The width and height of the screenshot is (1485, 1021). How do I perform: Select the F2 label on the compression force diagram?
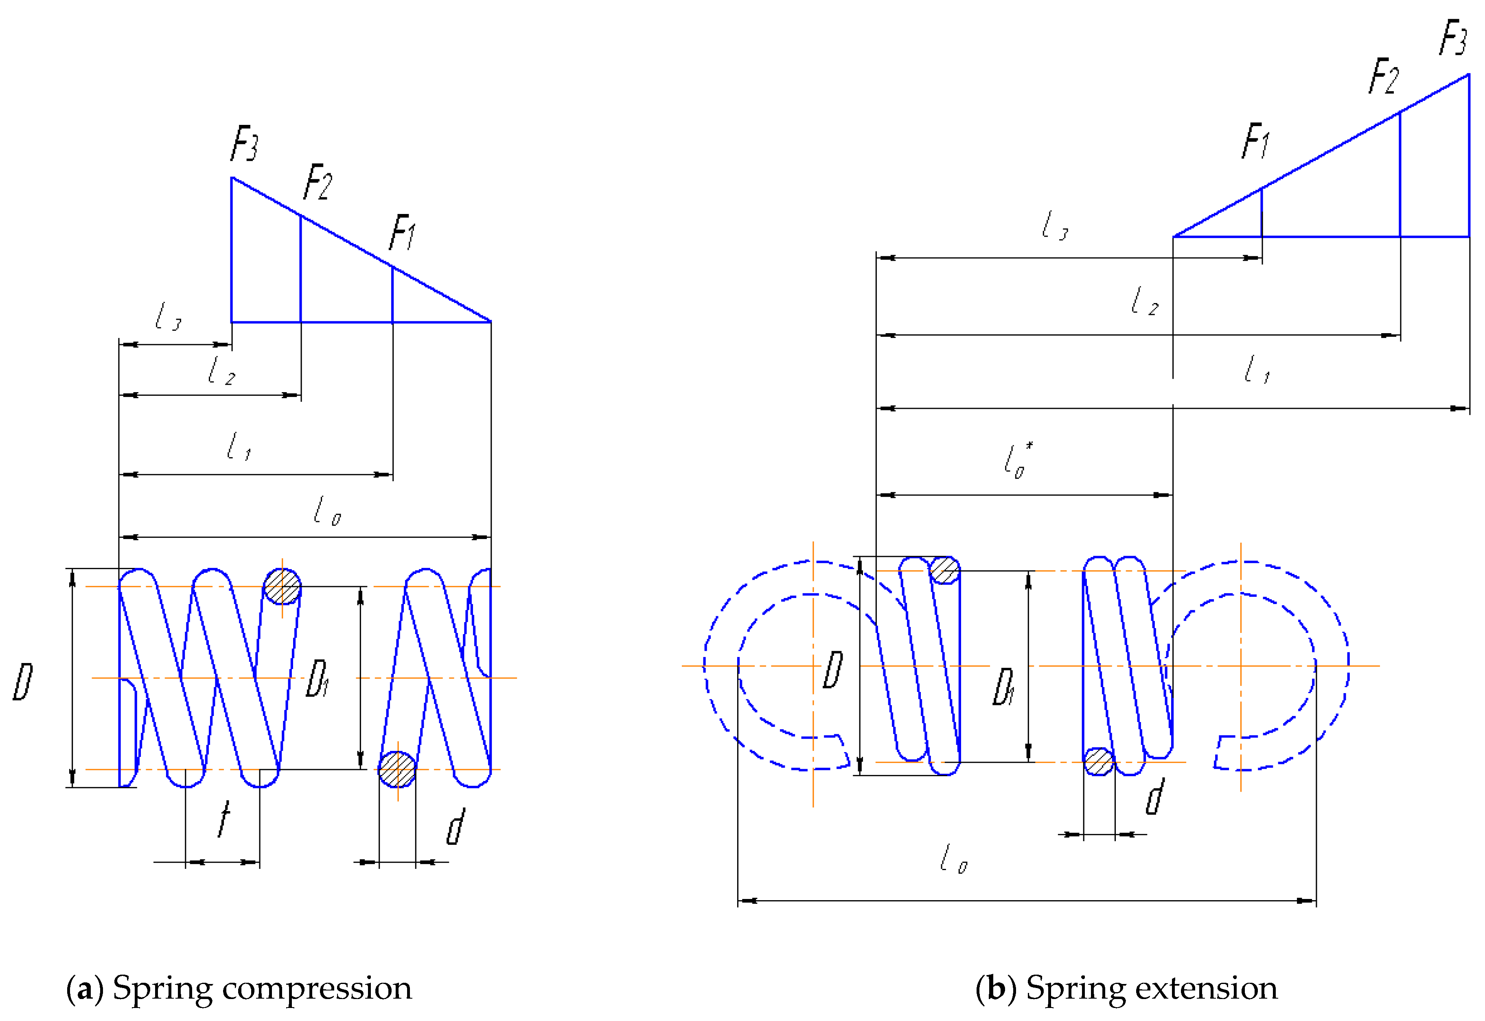click(318, 182)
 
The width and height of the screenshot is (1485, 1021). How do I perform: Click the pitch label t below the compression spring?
click(223, 820)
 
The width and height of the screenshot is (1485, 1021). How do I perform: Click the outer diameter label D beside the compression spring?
click(23, 682)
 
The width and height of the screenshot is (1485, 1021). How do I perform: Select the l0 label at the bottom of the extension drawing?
click(953, 859)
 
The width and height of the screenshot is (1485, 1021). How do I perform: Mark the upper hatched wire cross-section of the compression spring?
click(282, 586)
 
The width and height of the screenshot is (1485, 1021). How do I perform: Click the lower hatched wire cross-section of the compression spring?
click(397, 770)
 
